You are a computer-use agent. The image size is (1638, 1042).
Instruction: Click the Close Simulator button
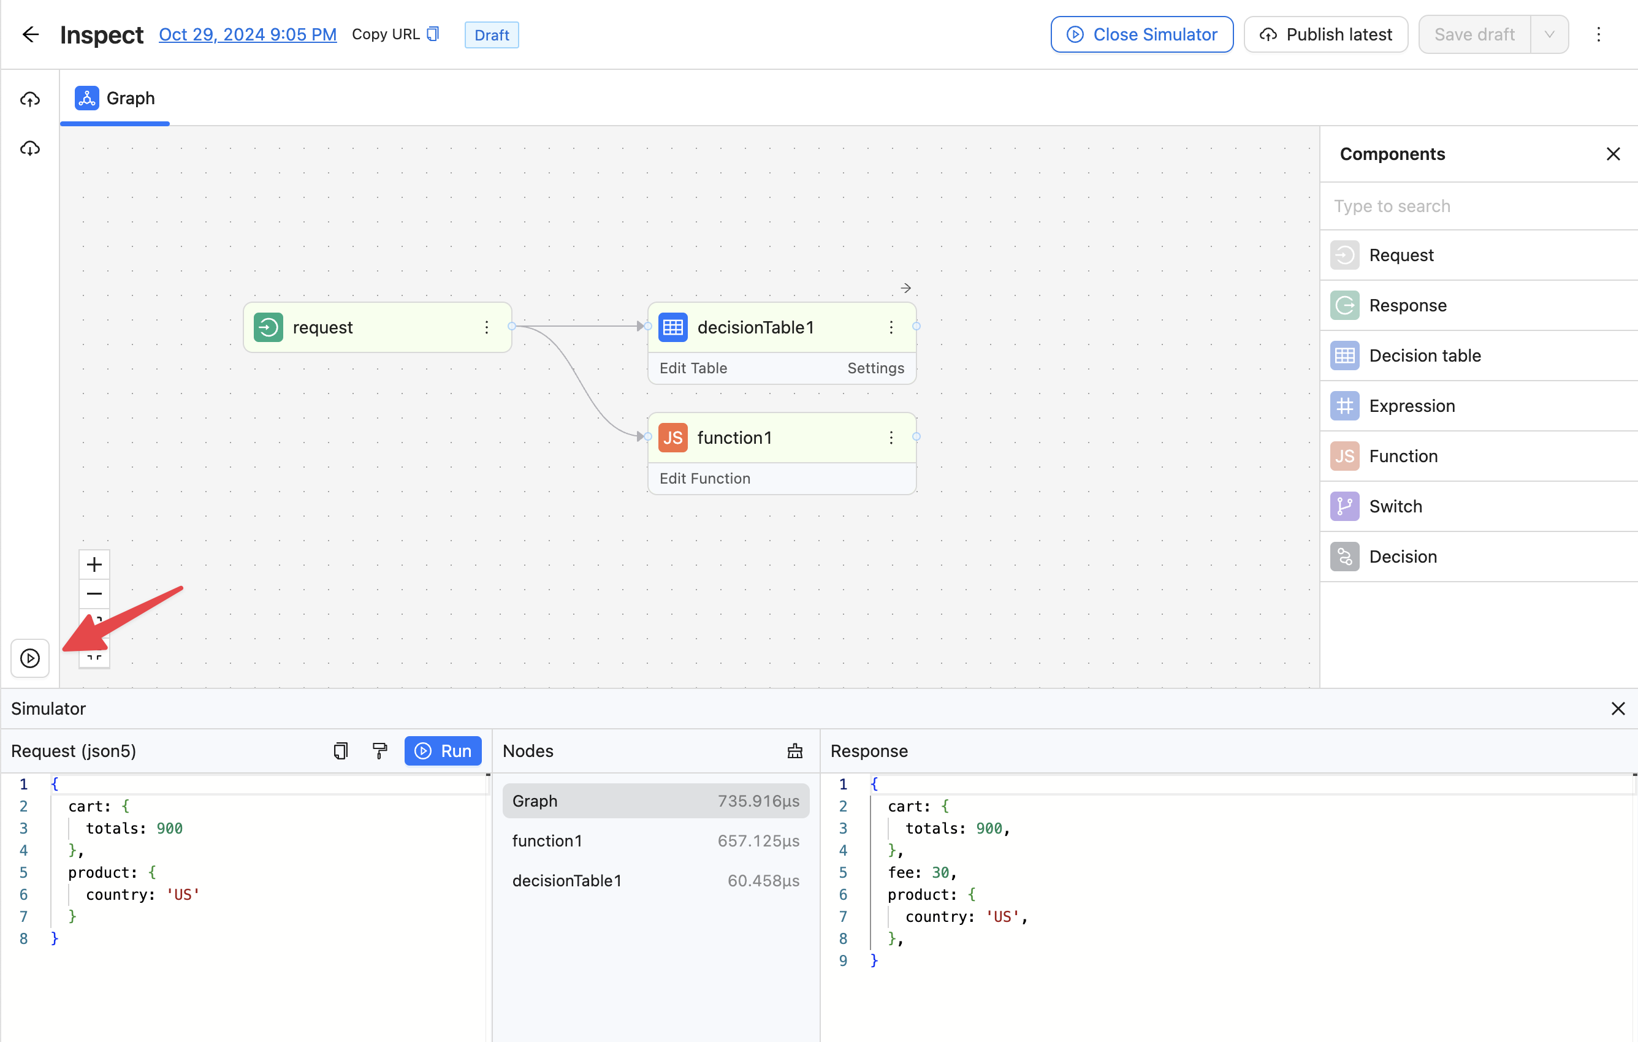click(x=1141, y=35)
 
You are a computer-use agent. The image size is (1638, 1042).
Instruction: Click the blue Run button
click(x=443, y=751)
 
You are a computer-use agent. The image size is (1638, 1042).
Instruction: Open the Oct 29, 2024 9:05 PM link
click(x=248, y=35)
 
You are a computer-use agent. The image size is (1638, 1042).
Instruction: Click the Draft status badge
click(x=491, y=35)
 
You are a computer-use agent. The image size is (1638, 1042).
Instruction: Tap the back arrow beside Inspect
click(x=31, y=35)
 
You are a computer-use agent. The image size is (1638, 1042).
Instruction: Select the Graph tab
click(x=115, y=98)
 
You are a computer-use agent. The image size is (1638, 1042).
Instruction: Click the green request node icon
click(x=268, y=327)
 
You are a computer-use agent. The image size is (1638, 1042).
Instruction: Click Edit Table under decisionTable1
click(x=693, y=368)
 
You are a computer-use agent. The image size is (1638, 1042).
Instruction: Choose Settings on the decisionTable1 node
click(x=875, y=368)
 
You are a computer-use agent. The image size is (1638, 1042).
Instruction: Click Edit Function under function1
click(x=705, y=478)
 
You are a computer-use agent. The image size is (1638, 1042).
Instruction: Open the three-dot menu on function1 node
click(x=891, y=438)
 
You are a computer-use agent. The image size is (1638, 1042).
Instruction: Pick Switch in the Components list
click(x=1395, y=506)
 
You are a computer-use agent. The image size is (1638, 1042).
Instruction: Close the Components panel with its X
click(x=1613, y=154)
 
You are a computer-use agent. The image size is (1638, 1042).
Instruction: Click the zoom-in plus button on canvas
click(x=94, y=565)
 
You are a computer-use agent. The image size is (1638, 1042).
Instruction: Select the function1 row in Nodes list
click(x=656, y=841)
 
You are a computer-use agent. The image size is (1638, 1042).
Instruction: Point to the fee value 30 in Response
click(x=940, y=872)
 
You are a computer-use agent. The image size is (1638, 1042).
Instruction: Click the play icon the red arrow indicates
click(x=30, y=658)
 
